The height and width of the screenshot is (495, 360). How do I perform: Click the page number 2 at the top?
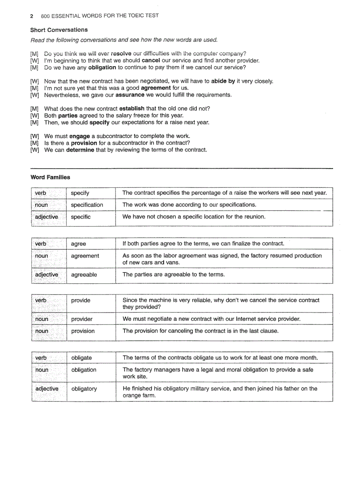pos(32,16)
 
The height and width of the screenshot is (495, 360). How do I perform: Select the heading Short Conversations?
pos(59,30)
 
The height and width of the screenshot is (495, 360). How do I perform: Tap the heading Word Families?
pos(50,177)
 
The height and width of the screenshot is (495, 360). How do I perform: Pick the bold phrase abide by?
pos(223,81)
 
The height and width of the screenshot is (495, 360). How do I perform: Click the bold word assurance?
pos(130,95)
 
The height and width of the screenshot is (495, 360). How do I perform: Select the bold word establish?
pos(132,108)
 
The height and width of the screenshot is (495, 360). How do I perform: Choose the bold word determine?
pos(80,149)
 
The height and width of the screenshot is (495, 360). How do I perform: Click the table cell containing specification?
pos(87,205)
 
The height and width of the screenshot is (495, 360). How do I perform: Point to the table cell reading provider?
pos(82,319)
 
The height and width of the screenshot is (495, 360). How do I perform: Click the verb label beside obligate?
pos(41,357)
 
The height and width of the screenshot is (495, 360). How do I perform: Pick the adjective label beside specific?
pos(46,217)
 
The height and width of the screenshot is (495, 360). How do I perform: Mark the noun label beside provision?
pos(41,331)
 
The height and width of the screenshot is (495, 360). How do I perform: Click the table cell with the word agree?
pos(79,244)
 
